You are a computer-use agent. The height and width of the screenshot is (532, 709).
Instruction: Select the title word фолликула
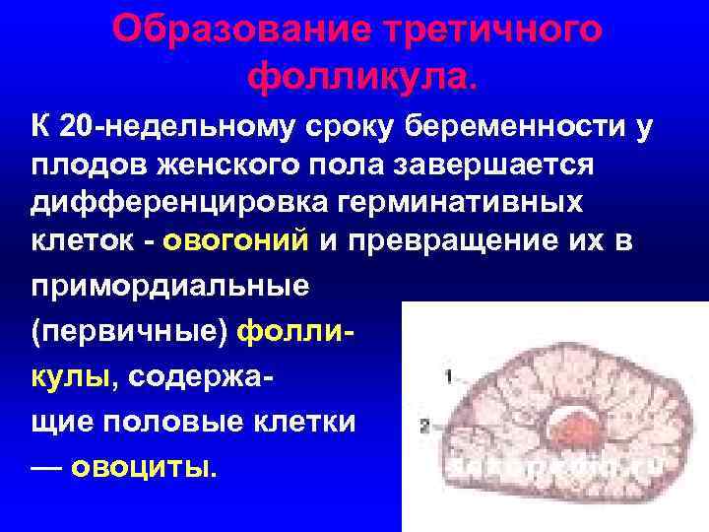(x=363, y=74)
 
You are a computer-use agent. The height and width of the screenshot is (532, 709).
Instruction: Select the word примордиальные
(x=168, y=286)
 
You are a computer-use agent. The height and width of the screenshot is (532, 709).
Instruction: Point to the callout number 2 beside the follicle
(x=424, y=426)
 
